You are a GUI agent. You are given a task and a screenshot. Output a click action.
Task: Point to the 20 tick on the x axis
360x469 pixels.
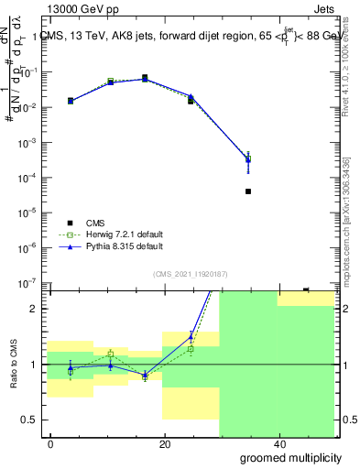(x=165, y=444)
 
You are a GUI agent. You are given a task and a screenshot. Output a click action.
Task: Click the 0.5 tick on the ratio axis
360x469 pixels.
(x=33, y=420)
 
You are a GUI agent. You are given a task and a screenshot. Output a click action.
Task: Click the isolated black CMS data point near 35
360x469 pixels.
(x=248, y=191)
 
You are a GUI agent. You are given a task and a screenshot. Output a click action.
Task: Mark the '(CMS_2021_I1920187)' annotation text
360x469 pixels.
(x=190, y=272)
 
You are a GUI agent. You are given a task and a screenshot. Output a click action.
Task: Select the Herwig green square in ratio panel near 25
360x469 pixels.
(x=191, y=349)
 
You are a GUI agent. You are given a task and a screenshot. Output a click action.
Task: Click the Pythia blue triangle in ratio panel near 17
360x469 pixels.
(x=145, y=375)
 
